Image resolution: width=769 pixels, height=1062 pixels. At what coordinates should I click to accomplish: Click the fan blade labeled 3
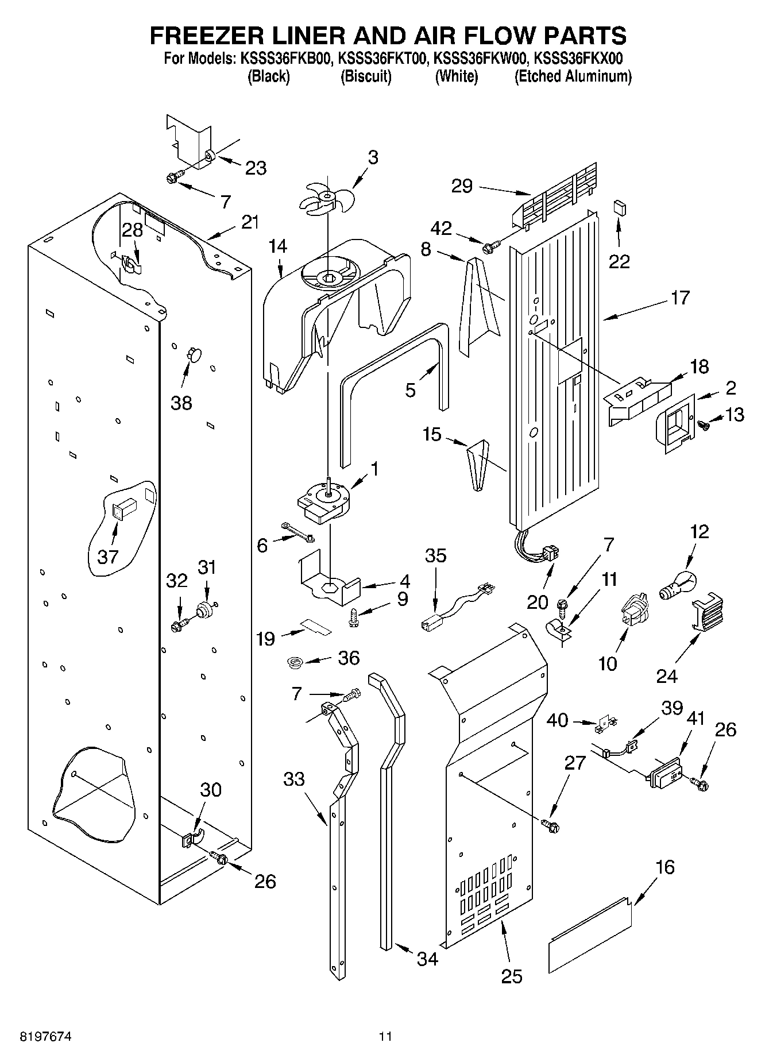tap(326, 196)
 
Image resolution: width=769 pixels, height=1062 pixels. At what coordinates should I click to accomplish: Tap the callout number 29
tap(462, 186)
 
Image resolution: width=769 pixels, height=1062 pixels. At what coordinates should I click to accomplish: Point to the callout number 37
tap(107, 556)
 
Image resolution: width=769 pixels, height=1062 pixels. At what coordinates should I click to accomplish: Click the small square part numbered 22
tap(619, 207)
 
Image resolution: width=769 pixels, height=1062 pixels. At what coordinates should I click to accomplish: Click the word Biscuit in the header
tap(366, 76)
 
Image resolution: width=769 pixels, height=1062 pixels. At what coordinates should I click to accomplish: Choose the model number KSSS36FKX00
tap(578, 58)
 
